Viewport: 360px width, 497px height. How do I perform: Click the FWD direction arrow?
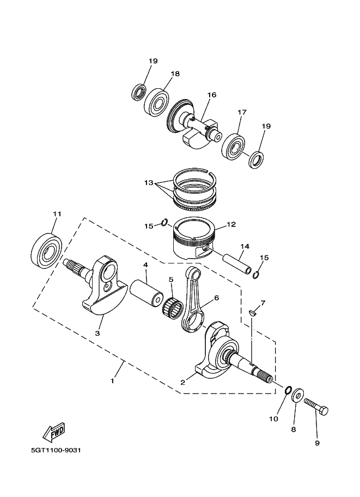53,432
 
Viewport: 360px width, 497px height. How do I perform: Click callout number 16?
212,95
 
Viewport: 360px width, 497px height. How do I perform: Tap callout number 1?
113,381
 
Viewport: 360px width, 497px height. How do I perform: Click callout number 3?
97,333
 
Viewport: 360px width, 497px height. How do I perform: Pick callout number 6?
216,298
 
